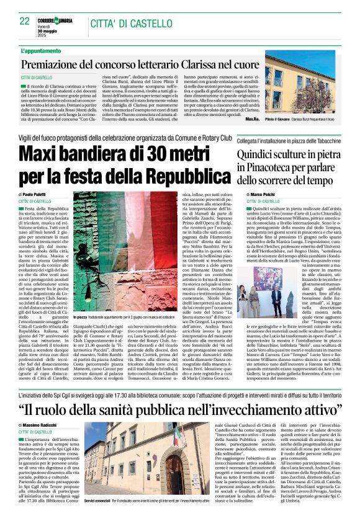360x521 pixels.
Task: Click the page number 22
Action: coord(24,21)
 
